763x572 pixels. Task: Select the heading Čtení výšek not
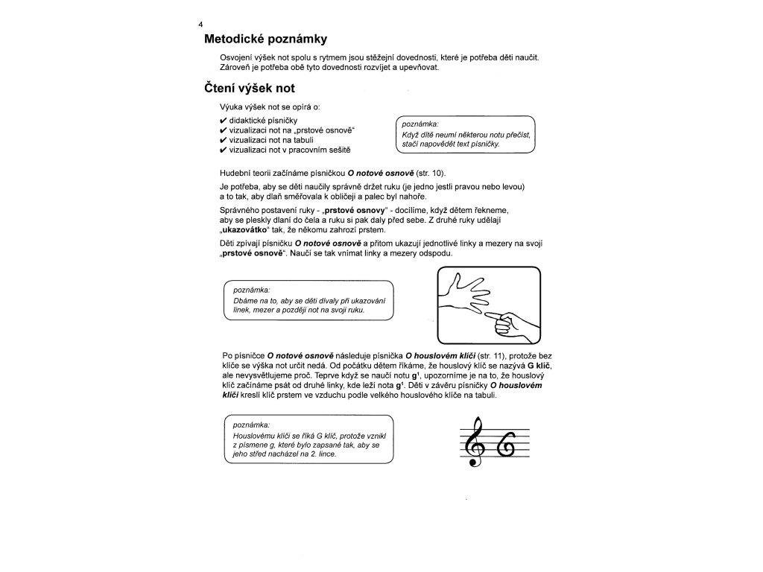250,89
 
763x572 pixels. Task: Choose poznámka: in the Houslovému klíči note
252,424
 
